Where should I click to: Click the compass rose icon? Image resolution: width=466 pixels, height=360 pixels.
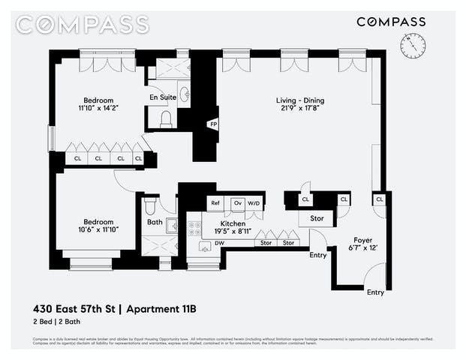click(412, 48)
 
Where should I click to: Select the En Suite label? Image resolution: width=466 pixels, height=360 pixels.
click(163, 97)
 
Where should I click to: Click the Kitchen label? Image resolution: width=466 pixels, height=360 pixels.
click(233, 223)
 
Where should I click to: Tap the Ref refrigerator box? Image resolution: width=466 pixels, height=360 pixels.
click(215, 203)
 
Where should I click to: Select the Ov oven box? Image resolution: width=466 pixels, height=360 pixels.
click(237, 203)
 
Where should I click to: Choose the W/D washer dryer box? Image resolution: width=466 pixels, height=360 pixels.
click(254, 203)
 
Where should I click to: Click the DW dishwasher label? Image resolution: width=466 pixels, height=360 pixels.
click(219, 243)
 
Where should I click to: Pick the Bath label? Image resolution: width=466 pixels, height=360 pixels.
click(155, 222)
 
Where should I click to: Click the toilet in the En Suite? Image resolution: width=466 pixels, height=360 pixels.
click(166, 118)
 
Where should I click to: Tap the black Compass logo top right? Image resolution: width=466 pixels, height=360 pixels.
click(391, 22)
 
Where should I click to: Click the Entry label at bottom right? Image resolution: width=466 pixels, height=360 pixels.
click(375, 292)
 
